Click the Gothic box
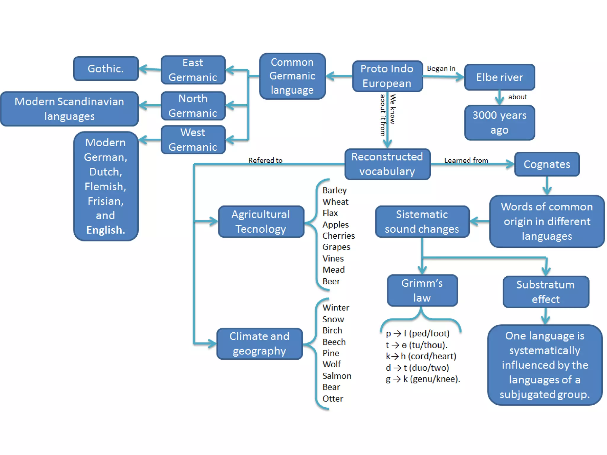[106, 69]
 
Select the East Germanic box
[193, 70]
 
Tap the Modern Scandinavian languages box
[69, 109]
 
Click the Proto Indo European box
[387, 76]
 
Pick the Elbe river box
[499, 77]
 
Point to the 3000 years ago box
[499, 123]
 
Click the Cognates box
[547, 164]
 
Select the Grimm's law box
[422, 290]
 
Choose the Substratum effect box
[546, 292]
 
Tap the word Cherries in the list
[338, 236]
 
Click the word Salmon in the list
[337, 376]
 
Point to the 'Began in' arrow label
[441, 68]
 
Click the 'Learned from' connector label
[466, 160]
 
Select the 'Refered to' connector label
[265, 160]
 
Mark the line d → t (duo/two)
[417, 368]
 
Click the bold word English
[106, 230]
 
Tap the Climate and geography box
[259, 344]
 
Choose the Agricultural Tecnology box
[261, 222]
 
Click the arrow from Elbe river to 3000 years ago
[499, 98]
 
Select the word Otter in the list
[333, 399]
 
